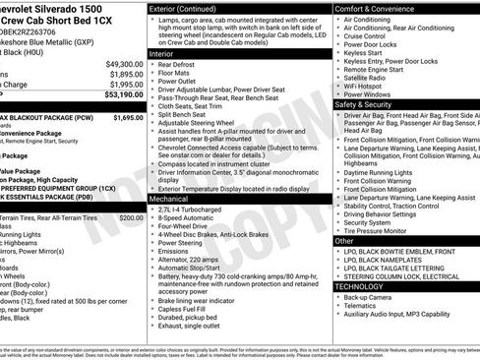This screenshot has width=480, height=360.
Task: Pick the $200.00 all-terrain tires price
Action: point(131,217)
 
